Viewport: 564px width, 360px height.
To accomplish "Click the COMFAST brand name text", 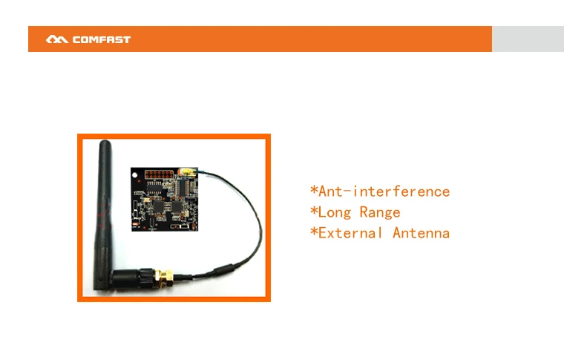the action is (x=102, y=39).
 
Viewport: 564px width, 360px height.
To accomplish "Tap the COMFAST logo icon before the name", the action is (x=57, y=39).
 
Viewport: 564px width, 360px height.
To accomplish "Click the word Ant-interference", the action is (x=384, y=192).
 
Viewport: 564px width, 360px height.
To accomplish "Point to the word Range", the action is (x=380, y=212).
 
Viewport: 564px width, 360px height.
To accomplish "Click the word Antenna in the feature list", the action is (x=421, y=233).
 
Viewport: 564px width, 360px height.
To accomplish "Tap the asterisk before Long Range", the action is (x=313, y=212).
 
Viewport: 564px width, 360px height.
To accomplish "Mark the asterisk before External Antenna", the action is (x=313, y=232).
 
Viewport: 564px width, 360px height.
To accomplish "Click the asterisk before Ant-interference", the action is (x=313, y=191).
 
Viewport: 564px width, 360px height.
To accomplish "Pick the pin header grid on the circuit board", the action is (x=158, y=175).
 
